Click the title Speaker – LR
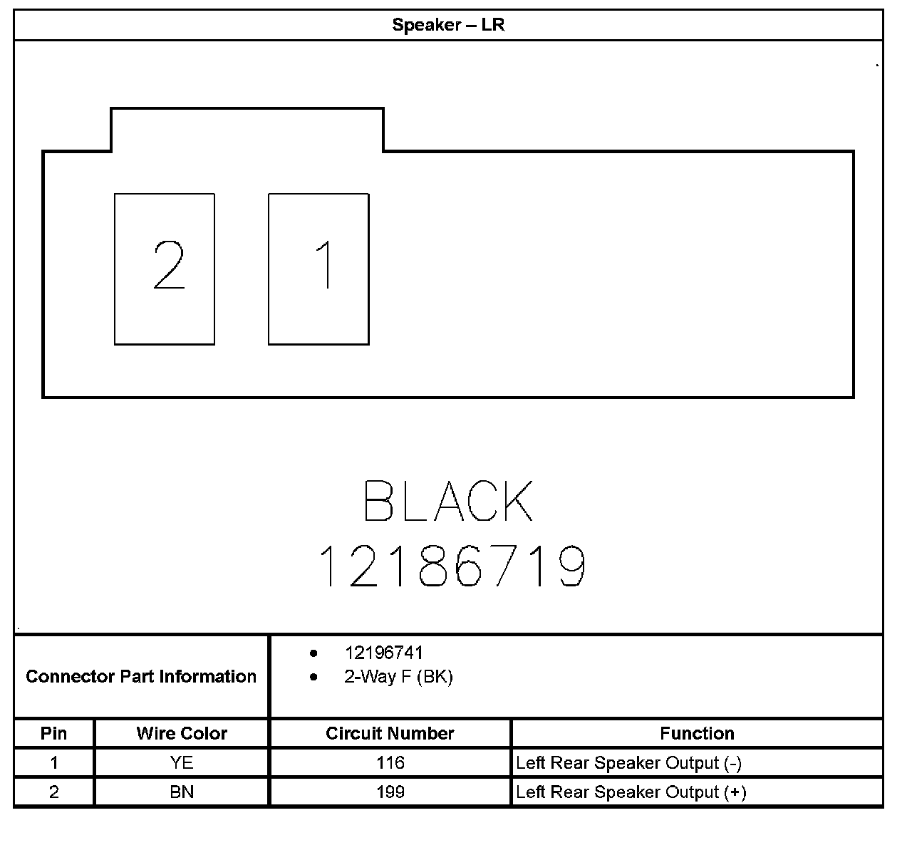448,25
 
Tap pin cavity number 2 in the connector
165,269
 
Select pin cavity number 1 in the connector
318,269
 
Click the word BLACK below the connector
448,501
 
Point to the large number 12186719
451,566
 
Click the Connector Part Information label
141,676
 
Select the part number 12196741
383,653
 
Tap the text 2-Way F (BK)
398,676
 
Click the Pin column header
54,733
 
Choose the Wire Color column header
182,733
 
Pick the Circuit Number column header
390,733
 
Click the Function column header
697,733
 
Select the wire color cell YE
182,763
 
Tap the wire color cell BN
182,792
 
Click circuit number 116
390,763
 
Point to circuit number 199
390,792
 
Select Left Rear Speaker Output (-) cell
628,763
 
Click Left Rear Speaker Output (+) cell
631,792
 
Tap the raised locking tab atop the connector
247,130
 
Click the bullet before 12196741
313,653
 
